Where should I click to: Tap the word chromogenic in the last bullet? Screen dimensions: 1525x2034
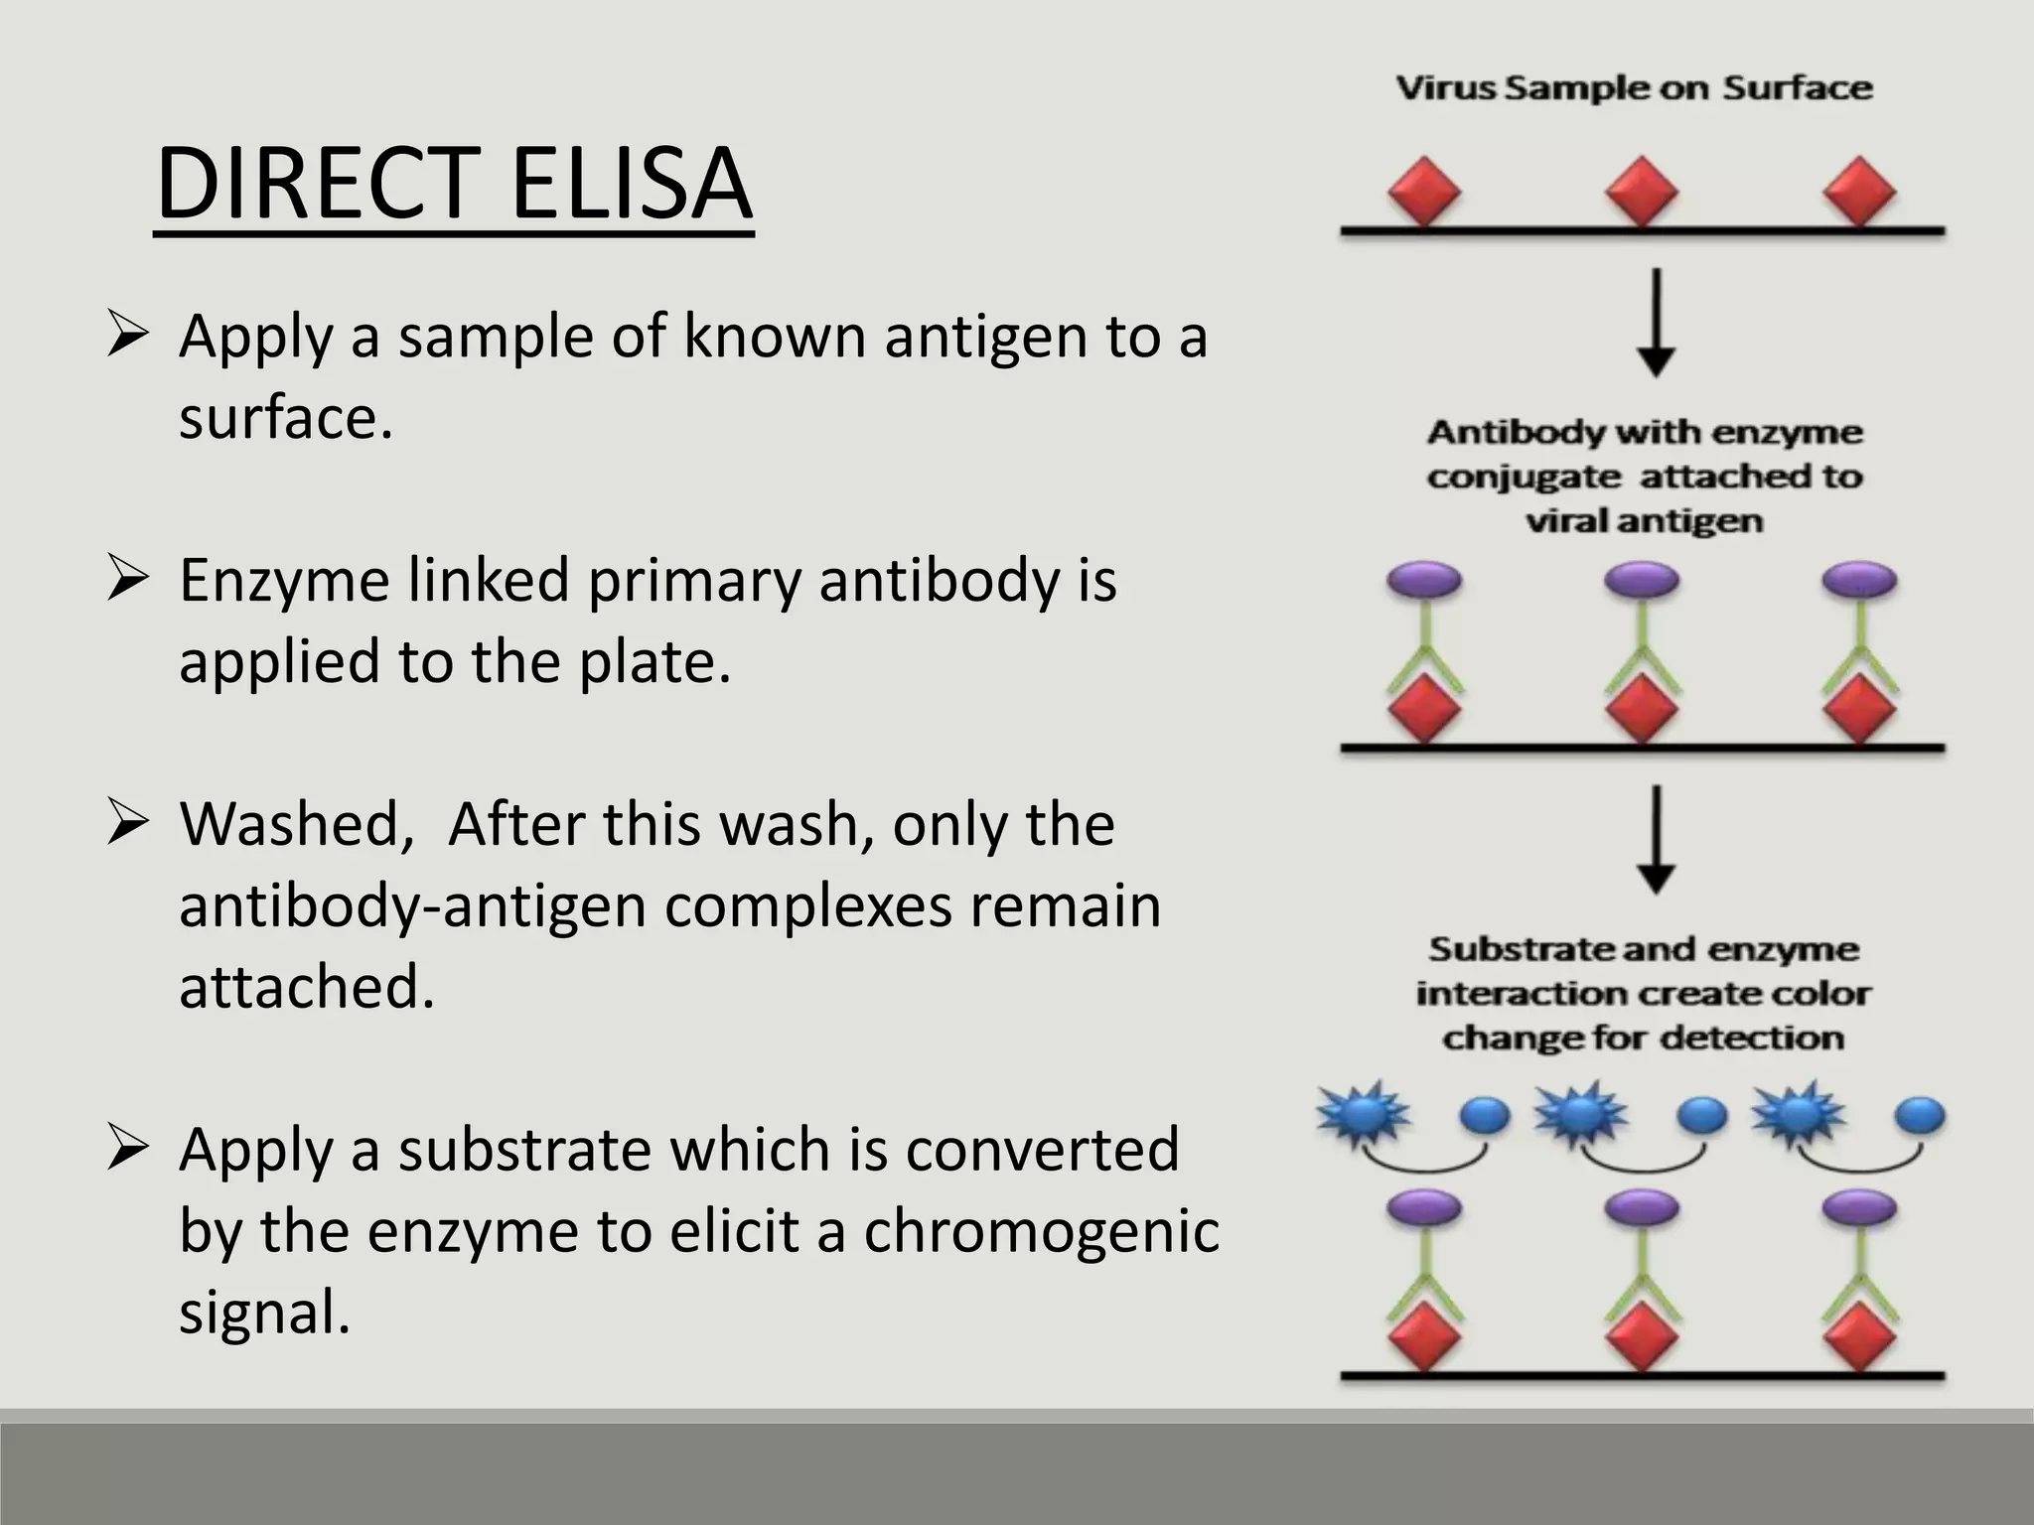pyautogui.click(x=1041, y=1231)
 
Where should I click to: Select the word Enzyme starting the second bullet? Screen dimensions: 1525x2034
pyautogui.click(x=284, y=581)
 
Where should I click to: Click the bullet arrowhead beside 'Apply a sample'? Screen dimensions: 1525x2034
pyautogui.click(x=128, y=335)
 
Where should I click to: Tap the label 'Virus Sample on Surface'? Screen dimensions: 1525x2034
pyautogui.click(x=1634, y=88)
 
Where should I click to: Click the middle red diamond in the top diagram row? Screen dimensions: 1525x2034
pyautogui.click(x=1642, y=192)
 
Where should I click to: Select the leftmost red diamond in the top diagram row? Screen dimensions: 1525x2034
pyautogui.click(x=1424, y=192)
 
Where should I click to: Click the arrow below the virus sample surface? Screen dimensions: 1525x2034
pyautogui.click(x=1656, y=323)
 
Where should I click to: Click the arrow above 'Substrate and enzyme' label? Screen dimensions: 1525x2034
pyautogui.click(x=1656, y=840)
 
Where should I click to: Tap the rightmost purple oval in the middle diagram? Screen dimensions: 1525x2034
pyautogui.click(x=1859, y=580)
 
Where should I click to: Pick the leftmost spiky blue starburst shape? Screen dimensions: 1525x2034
pyautogui.click(x=1363, y=1113)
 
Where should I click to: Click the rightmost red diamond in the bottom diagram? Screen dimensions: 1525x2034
pyautogui.click(x=1859, y=1336)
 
